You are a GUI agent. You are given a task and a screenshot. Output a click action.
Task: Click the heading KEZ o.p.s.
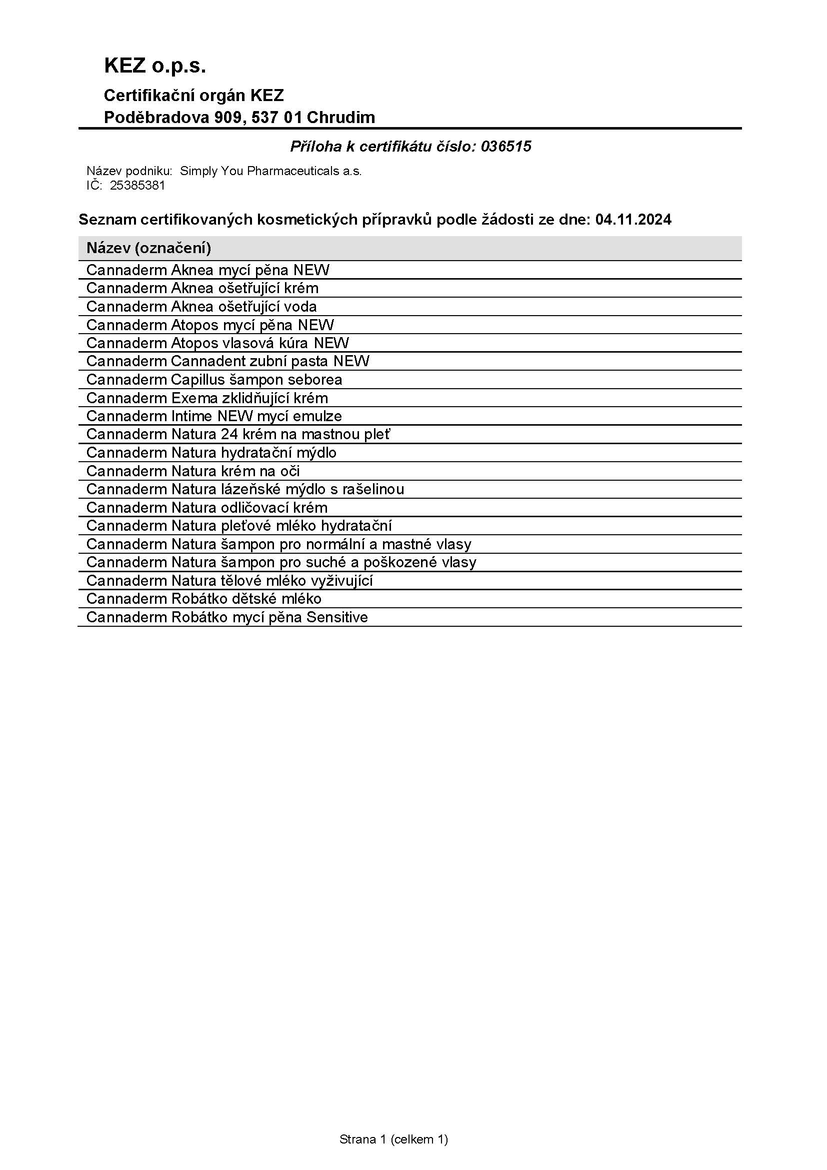click(155, 67)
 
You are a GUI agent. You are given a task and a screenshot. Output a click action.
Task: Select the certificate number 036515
click(505, 147)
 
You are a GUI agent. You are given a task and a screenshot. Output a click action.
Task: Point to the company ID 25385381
click(137, 186)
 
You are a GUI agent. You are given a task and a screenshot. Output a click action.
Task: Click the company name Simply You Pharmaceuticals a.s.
click(270, 171)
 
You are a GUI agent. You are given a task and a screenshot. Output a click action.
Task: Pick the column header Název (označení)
click(148, 248)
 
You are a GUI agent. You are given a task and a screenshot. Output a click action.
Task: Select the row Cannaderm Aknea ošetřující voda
click(201, 307)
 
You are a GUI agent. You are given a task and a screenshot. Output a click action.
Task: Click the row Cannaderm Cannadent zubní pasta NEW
click(227, 361)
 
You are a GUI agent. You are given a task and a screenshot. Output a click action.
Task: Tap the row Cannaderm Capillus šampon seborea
click(214, 380)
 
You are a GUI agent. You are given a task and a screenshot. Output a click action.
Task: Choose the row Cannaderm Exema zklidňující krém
click(207, 398)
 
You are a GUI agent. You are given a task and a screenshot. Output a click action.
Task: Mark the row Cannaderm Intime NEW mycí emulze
click(214, 416)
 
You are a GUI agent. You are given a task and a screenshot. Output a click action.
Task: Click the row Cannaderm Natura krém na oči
click(193, 471)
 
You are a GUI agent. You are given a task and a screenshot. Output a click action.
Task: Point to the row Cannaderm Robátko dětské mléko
click(203, 599)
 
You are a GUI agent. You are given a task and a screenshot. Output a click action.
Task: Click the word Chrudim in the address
click(340, 118)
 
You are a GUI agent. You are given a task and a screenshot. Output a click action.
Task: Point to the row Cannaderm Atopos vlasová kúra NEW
click(217, 343)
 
